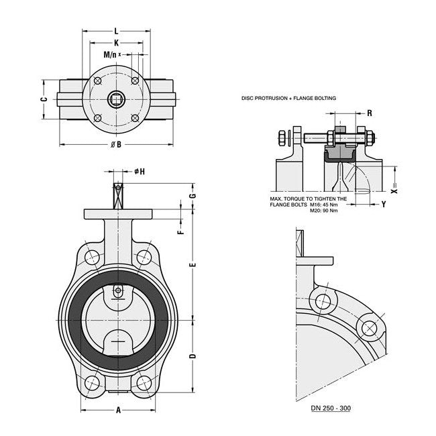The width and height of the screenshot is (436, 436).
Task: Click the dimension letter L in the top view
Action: coord(116,31)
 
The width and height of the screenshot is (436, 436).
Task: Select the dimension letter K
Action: coord(116,42)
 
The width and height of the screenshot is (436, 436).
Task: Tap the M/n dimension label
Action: coord(110,54)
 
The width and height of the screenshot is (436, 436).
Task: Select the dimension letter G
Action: coord(193,195)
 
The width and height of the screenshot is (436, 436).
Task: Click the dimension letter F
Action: coord(180,232)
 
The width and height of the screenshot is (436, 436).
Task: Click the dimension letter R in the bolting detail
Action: coord(370,114)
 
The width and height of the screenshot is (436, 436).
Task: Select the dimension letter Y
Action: coord(383,203)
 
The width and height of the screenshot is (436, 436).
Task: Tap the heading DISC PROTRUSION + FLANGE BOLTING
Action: coord(288,98)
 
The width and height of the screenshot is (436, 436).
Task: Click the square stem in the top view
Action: coord(117,99)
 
